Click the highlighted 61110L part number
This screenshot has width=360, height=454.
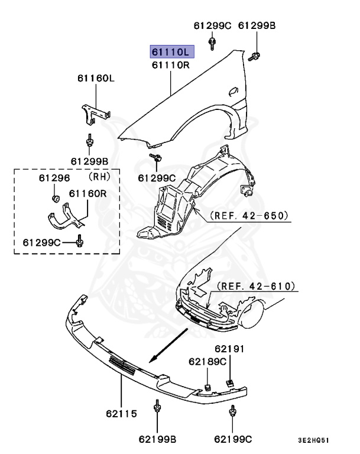(x=170, y=52)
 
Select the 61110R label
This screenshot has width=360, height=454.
(x=170, y=65)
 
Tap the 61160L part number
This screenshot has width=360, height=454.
(x=95, y=78)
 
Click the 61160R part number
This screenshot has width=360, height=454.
(x=87, y=193)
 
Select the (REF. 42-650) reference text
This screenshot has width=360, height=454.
(x=249, y=216)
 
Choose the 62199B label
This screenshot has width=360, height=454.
(x=158, y=439)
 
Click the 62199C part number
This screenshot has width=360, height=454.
(x=233, y=439)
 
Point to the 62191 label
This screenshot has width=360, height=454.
(x=229, y=349)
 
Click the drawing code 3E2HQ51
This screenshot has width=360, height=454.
(x=314, y=440)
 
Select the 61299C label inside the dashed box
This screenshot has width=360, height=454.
(x=42, y=242)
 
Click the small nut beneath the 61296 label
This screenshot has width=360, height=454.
(x=54, y=197)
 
